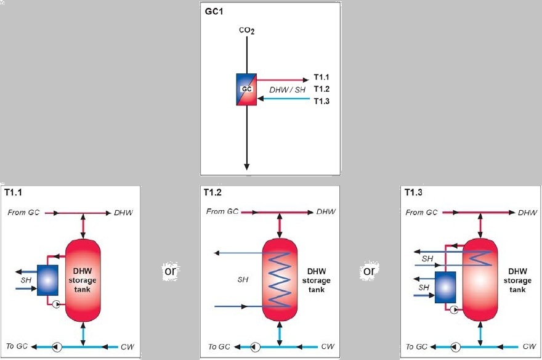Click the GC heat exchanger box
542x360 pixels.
tap(246, 89)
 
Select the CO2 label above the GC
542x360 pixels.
tap(246, 30)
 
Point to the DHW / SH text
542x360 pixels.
tap(287, 90)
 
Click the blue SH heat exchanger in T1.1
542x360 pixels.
tap(47, 280)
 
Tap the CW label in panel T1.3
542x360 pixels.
tap(529, 346)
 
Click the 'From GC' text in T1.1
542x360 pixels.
tap(24, 213)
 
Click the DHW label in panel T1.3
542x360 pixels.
tap(527, 213)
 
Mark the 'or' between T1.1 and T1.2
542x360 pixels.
tap(171, 271)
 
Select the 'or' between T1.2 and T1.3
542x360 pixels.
tap(368, 271)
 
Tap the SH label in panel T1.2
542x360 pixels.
tap(243, 280)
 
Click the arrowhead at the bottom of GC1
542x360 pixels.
tap(246, 166)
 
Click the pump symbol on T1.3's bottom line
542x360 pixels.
tap(455, 346)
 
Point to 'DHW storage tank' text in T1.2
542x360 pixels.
tap(316, 280)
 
